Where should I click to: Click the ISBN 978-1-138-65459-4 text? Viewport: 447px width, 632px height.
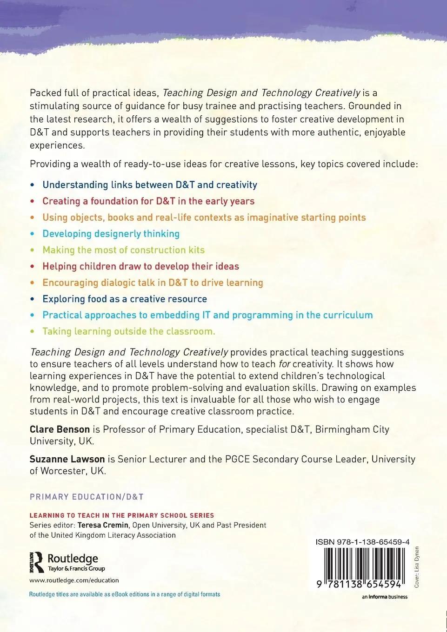coord(362,542)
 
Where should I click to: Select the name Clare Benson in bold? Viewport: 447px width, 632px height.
coord(60,429)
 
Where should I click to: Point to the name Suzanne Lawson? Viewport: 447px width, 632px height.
coord(67,459)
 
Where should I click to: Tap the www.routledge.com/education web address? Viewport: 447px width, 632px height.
coord(74,580)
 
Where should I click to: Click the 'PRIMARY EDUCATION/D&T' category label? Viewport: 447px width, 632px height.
coord(87,497)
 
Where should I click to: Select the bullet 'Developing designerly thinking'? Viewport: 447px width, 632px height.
coord(111,234)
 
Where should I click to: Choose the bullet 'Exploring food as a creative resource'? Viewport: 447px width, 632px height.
coord(125,299)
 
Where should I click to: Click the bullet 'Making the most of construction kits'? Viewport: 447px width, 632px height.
coord(123,250)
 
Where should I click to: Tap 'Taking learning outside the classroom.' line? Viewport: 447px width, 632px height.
coord(129,331)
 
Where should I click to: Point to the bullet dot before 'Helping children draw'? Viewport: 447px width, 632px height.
coord(32,267)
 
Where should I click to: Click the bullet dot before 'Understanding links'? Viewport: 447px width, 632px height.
coord(32,185)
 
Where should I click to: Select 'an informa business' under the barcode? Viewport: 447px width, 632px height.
coord(384,597)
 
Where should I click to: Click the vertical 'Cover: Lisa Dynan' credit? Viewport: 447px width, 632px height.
coord(416,567)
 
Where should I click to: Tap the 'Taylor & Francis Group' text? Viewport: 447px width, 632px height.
coord(76,568)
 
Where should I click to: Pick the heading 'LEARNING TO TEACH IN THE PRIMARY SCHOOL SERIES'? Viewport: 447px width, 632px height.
coord(122,515)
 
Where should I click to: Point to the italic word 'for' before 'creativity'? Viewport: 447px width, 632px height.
coord(284,364)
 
